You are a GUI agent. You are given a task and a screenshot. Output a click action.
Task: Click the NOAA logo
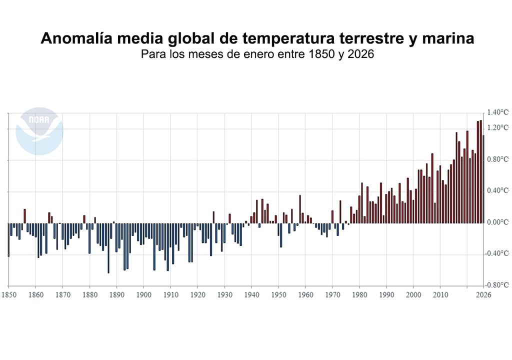pyautogui.click(x=39, y=130)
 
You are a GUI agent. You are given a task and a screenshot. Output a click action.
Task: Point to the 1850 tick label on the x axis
pyautogui.click(x=8, y=295)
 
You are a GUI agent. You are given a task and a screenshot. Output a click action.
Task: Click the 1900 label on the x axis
pyautogui.click(x=143, y=295)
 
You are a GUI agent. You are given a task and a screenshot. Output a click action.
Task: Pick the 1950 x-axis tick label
pyautogui.click(x=278, y=295)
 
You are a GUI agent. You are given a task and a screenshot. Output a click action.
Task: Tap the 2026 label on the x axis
pyautogui.click(x=483, y=295)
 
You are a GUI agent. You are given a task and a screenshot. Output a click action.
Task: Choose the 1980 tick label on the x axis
pyautogui.click(x=359, y=295)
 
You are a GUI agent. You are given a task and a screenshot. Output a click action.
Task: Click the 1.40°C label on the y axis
pyautogui.click(x=498, y=112)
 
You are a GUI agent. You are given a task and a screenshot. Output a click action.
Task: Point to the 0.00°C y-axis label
pyautogui.click(x=498, y=222)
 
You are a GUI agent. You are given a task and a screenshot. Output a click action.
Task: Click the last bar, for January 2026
pyautogui.click(x=483, y=180)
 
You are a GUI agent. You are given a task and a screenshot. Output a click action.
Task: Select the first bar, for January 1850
pyautogui.click(x=8, y=240)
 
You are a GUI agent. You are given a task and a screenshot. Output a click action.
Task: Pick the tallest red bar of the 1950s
pyautogui.click(x=300, y=209)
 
